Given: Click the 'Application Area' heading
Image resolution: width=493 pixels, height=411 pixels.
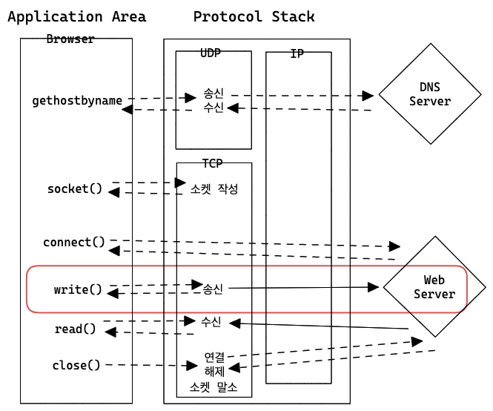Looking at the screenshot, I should pos(76,16).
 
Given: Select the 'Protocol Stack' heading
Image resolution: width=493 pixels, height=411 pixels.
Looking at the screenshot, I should pos(254,16).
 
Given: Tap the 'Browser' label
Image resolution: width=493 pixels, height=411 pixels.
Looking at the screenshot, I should pos(70,39).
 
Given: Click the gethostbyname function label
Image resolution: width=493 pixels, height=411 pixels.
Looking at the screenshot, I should pos(77,101).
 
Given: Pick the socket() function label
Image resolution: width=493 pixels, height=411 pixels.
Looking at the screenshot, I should pos(75,188).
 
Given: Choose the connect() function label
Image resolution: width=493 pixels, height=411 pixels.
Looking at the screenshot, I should pos(74,243).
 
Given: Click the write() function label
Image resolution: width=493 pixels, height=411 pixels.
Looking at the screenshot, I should pos(78,289).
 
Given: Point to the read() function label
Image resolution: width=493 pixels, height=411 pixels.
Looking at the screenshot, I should pos(75,329).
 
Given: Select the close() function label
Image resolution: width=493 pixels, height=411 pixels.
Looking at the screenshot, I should pos(76,365).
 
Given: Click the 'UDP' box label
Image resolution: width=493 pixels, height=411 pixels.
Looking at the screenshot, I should pos(211,53).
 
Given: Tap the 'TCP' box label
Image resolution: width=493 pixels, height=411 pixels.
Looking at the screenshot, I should pos(213,163).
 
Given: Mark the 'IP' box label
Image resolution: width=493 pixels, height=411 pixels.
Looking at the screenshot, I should pos(298,54).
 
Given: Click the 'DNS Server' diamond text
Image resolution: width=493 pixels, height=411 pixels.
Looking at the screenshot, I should pos(430,94).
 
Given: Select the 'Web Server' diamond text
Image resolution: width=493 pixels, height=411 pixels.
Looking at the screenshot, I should pos(434,287).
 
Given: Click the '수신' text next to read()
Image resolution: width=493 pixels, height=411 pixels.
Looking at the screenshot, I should pos(211,321).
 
